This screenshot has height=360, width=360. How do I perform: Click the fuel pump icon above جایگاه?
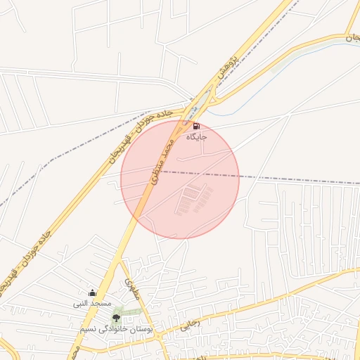click(x=195, y=127)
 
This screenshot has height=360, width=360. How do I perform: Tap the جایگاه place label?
click(x=196, y=137)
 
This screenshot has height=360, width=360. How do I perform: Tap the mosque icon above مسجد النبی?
click(x=91, y=293)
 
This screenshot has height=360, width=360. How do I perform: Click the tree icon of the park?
click(x=116, y=318)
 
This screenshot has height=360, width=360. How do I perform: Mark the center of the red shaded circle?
click(x=180, y=179)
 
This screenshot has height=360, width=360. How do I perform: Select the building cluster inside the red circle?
click(x=198, y=200)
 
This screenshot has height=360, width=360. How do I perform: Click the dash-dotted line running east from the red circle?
click(x=295, y=178)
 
